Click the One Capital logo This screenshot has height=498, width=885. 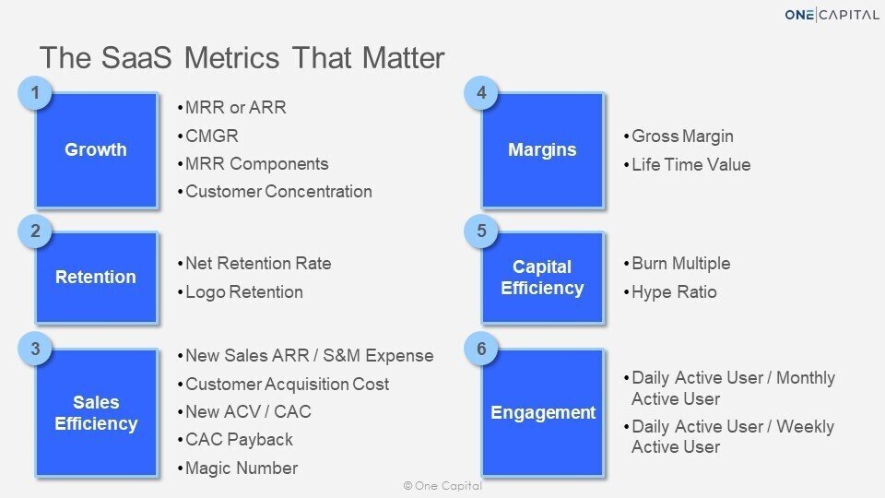click(832, 15)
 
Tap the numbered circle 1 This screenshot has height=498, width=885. click(35, 92)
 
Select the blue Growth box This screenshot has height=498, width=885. click(97, 150)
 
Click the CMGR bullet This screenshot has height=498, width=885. click(208, 136)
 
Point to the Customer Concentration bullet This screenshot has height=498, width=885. click(275, 192)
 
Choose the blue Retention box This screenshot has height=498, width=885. click(97, 278)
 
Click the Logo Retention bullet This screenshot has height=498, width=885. click(241, 292)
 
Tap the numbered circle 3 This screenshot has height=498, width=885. click(35, 349)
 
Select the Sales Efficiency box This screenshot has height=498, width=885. click(97, 413)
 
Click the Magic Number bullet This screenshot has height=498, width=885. click(238, 468)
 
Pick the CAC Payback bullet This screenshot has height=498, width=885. click(235, 440)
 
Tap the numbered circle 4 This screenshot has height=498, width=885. click(481, 92)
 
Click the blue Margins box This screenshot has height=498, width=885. click(543, 150)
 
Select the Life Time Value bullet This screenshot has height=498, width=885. click(688, 165)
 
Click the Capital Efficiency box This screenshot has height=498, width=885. click(543, 278)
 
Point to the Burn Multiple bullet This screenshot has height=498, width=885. click(678, 264)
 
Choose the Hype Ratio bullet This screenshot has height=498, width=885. click(670, 292)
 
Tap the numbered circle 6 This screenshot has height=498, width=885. click(481, 349)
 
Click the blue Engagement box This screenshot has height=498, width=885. click(543, 413)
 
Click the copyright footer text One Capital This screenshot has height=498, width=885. click(443, 486)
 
